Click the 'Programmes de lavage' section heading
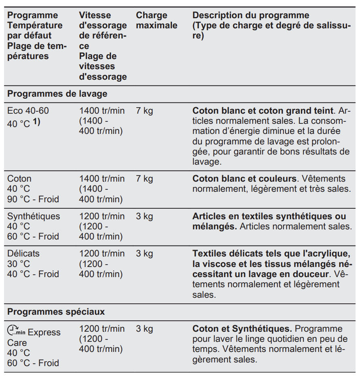pos(57,94)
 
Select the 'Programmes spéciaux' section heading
pos(56,312)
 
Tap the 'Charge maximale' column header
pos(157,21)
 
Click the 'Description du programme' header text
pos(251,15)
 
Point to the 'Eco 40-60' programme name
pos(28,110)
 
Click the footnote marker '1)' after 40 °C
pos(36,122)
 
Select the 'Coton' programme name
pos(19,178)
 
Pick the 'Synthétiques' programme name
pos(34,216)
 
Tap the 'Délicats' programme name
pos(23,254)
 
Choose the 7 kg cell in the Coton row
pos(144,178)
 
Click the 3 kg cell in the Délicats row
pos(144,254)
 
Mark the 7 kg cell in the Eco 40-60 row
pos(144,110)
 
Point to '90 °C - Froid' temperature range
pos(33,199)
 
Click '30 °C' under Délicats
pos(19,264)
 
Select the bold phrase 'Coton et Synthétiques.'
pos(242,328)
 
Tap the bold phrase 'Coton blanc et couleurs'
pos(244,178)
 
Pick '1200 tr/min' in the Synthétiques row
pos(102,216)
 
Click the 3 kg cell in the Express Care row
pos(144,328)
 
